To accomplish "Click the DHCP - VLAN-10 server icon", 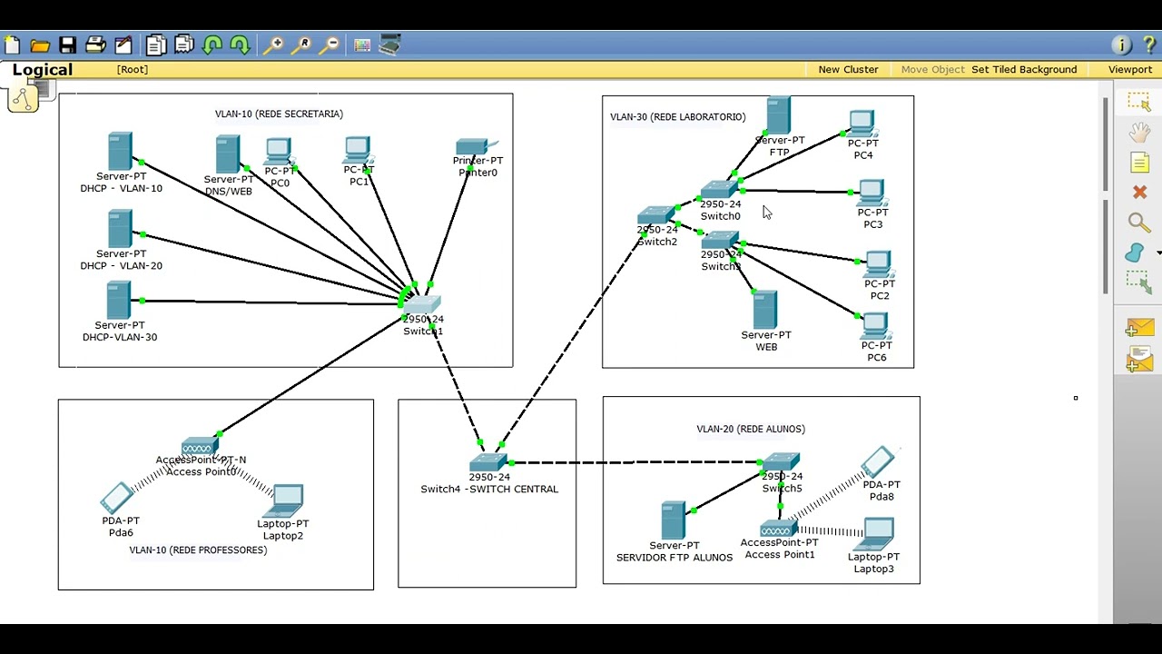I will point(120,151).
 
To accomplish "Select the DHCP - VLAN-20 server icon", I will point(120,228).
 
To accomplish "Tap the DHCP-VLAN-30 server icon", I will point(119,300).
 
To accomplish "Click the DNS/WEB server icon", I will point(228,154).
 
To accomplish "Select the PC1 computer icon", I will point(358,149).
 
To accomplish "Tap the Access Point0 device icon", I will point(199,446).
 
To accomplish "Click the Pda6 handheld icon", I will point(117,498).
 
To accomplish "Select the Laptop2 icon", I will point(286,500).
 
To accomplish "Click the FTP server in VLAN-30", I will point(778,115).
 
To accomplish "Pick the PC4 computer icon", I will point(862,124).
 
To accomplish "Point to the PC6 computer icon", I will point(875,326).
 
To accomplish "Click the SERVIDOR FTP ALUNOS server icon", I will point(673,520).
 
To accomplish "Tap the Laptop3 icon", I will point(877,534).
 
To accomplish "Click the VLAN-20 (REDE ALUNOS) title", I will point(750,429).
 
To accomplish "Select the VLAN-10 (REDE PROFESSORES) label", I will point(198,550).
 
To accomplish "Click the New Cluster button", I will point(848,69).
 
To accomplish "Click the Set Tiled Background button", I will point(1023,69).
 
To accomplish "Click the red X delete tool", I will point(1139,193).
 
